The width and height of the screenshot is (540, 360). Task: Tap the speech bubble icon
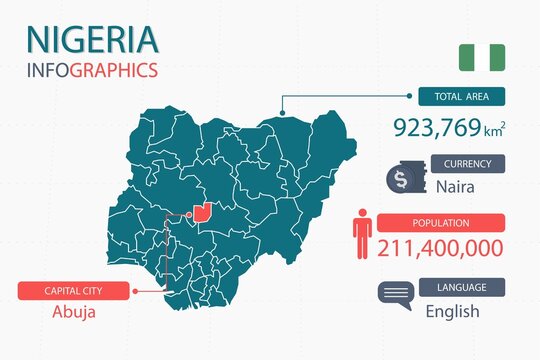[395, 295]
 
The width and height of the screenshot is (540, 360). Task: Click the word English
[452, 311]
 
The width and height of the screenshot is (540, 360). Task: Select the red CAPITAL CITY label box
[74, 290]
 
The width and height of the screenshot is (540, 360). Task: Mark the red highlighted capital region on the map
[204, 212]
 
